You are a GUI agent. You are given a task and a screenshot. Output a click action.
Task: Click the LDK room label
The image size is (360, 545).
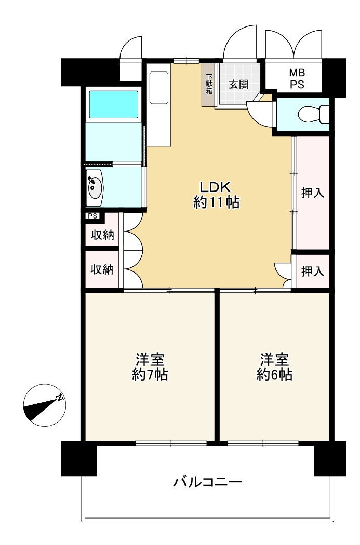coord(216,195)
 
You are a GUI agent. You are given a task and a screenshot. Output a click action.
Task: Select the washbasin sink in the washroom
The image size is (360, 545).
coord(95,188)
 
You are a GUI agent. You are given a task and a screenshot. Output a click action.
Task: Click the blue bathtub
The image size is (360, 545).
coord(114,104)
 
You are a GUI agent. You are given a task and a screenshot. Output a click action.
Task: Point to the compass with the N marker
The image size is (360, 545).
coord(45,405)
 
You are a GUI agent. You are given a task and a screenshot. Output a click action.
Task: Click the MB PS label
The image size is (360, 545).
coord(297,78)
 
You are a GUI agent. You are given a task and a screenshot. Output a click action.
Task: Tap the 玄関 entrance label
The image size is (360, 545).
coord(238,85)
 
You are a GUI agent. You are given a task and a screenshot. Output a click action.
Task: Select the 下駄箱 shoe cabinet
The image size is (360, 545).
coord(209,85)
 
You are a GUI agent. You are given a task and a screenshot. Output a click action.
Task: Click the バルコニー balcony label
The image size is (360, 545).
coord(208,482)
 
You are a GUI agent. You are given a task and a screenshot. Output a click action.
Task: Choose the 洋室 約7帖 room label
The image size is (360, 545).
coord(150,367)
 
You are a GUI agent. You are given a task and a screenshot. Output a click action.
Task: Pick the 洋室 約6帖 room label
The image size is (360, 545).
coord(274,367)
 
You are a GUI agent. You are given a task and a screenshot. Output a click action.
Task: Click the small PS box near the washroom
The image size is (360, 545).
coord(92,216)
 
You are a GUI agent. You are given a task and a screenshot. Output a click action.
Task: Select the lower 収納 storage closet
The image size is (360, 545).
coord(102,269)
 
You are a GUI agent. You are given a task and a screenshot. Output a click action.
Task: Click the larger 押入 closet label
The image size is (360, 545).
coord(312,193)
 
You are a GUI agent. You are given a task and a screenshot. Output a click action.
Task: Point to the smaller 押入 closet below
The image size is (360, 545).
coord(312,271)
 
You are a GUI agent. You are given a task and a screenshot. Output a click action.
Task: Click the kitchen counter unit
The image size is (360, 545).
coord(158,105)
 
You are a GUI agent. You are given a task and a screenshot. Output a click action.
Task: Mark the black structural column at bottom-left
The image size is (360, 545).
coord(79,458)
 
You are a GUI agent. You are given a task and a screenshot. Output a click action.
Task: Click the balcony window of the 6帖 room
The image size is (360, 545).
coord(263,443)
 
